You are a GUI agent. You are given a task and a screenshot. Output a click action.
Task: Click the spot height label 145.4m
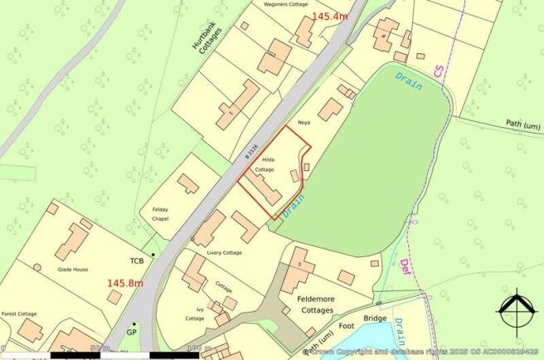click(330, 16)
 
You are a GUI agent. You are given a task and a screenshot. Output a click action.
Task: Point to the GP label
click(131, 332)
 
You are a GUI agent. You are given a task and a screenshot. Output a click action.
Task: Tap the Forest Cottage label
click(20, 314)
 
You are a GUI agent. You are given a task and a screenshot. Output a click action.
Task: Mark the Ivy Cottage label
click(195, 313)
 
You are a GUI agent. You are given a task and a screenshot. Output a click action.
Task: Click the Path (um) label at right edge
click(523, 124)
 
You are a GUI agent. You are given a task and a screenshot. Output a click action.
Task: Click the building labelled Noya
click(330, 109)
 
